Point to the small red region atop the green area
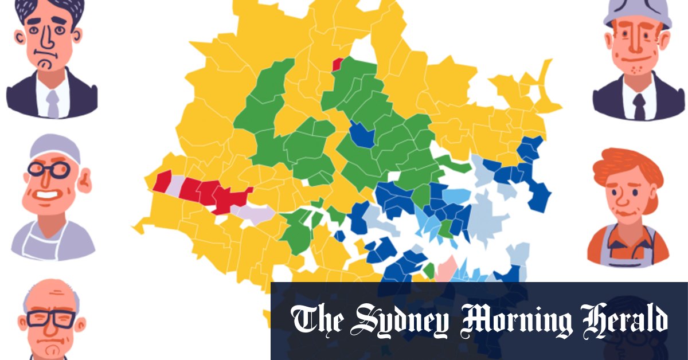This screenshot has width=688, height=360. coord(338,64)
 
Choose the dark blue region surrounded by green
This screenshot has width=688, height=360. coord(362,135)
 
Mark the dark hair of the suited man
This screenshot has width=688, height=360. coord(49,9)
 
